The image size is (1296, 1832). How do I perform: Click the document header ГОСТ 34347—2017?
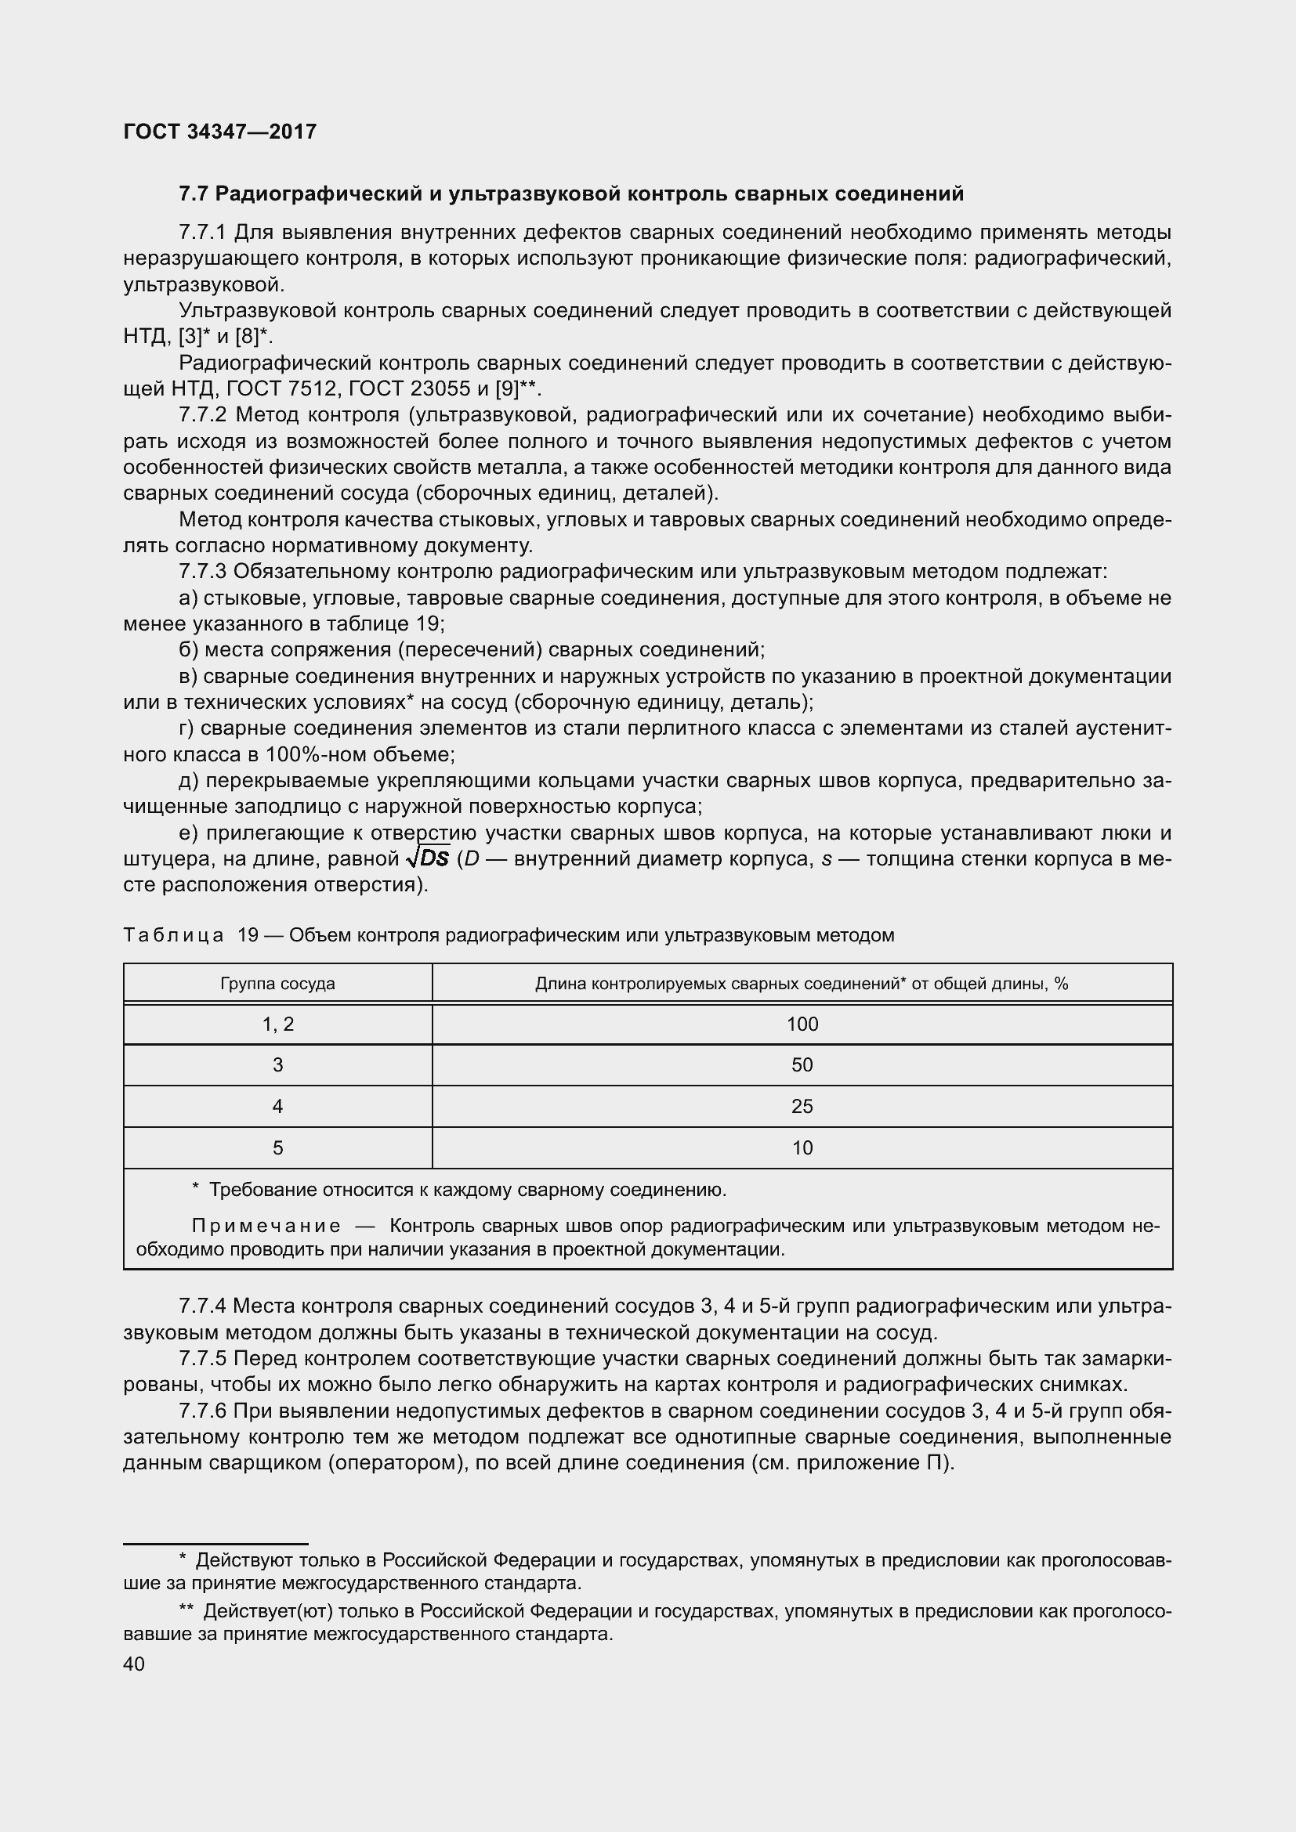tap(220, 132)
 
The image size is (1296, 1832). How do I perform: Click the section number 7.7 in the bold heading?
tap(193, 194)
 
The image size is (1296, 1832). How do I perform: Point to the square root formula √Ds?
tap(429, 858)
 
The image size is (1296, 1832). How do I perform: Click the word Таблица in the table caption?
tap(173, 934)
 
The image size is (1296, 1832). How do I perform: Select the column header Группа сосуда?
tap(277, 983)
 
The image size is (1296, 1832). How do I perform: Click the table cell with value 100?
tap(802, 1024)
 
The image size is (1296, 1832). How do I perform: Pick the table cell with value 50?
tap(802, 1065)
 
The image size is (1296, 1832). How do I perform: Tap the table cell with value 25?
tap(802, 1107)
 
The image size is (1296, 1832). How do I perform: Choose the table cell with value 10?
tap(802, 1148)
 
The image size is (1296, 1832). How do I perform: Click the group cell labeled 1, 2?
tap(277, 1024)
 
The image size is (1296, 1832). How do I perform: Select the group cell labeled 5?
tap(277, 1148)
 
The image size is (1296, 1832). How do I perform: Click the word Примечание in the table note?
tap(266, 1226)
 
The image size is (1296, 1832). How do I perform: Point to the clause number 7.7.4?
tap(204, 1306)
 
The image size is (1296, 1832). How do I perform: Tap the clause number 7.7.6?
tap(204, 1411)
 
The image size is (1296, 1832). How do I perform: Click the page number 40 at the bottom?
tap(134, 1664)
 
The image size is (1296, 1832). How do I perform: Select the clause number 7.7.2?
tap(204, 415)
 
